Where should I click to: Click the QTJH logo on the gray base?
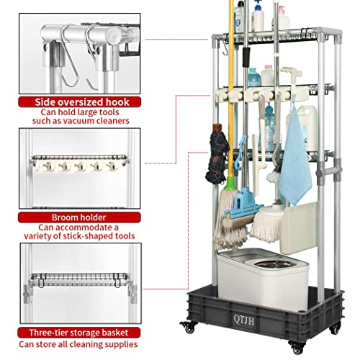tap(244, 320)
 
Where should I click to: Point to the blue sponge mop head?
tap(243, 209)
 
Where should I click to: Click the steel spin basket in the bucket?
tap(274, 264)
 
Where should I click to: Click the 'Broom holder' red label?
tap(79, 217)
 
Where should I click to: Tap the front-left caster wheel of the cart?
tap(189, 328)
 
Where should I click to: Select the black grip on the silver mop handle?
tap(246, 57)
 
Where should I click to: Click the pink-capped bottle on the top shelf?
tap(282, 19)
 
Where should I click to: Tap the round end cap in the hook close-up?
tap(112, 35)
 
